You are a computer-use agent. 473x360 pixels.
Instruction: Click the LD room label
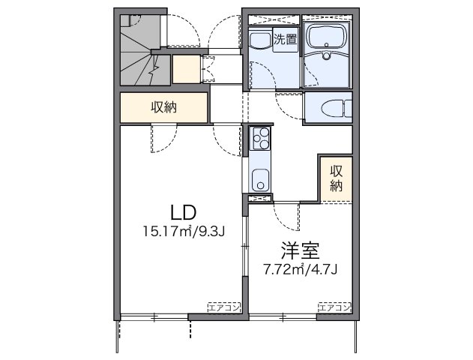184,212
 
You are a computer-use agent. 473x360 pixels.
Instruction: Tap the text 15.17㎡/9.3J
184,232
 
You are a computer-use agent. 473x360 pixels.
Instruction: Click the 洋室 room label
300,250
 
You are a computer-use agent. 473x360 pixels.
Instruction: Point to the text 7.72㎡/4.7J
300,269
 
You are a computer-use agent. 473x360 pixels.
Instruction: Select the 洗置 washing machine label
285,39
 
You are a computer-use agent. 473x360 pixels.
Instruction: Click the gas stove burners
261,138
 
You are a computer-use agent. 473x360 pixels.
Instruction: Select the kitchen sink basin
260,180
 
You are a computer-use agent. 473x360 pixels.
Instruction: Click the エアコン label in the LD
224,307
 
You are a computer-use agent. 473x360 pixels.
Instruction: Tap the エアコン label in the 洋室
335,307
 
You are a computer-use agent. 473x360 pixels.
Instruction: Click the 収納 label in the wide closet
164,107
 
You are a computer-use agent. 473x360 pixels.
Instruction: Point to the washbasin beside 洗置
261,40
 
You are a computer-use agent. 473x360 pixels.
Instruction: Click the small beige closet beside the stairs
186,69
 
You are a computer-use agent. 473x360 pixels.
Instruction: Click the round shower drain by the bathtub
326,55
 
